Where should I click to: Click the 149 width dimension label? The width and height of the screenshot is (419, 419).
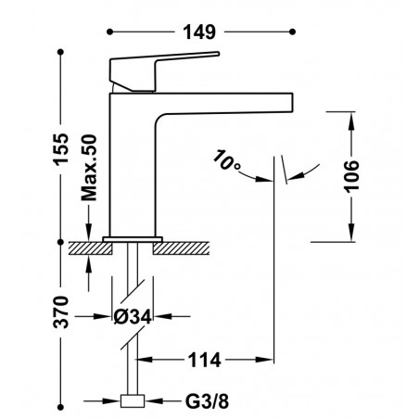pos(199,32)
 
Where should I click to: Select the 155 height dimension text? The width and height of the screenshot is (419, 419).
pos(61,149)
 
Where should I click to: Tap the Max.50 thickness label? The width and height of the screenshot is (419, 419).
pos(89,168)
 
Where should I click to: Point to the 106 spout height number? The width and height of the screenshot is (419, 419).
pos(352,176)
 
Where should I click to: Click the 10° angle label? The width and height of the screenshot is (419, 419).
pos(226,160)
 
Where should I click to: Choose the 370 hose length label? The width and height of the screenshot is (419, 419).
pos(61,312)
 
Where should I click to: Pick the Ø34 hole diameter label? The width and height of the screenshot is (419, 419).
pos(133,316)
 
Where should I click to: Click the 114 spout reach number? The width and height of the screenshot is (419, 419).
pos(205,360)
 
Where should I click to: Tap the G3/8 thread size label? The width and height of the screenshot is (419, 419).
pos(207,401)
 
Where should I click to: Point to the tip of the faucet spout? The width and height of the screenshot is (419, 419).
pos(292,102)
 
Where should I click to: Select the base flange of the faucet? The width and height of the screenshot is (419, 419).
pos(133,239)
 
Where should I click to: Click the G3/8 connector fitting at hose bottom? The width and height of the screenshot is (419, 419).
pos(133,400)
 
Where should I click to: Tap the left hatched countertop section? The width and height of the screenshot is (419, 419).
pos(90,248)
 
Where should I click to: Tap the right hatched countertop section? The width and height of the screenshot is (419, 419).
pos(181,248)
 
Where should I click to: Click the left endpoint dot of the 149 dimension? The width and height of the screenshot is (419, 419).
pos(109,32)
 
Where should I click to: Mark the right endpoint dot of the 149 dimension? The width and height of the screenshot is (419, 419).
pos(293,32)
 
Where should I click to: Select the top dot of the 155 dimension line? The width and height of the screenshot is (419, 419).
pos(60,52)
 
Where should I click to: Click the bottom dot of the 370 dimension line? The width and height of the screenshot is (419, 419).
pos(60,407)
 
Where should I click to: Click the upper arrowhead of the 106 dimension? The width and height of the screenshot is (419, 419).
pos(352,120)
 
